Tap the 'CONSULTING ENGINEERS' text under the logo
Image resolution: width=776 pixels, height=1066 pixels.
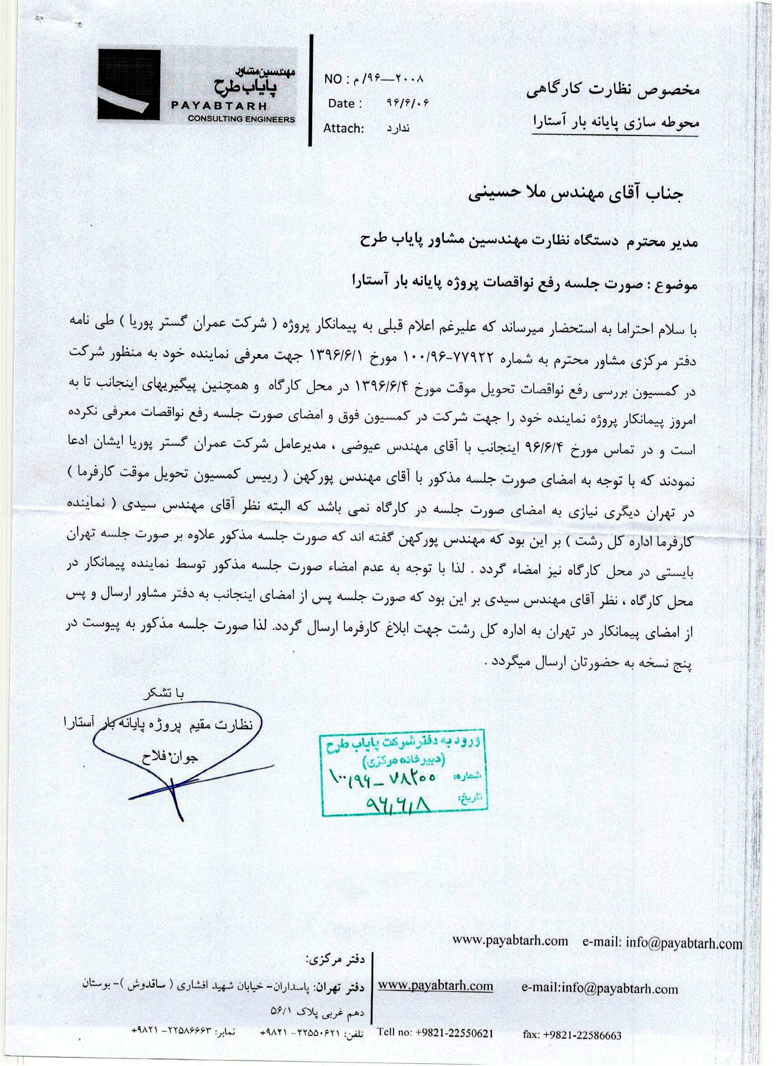[241, 119]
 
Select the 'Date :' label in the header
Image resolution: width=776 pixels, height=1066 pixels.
[345, 104]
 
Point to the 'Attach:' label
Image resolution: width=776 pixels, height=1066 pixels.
[344, 128]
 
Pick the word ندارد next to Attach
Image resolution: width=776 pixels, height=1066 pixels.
[398, 128]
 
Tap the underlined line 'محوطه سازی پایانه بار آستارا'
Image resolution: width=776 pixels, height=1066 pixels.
[616, 123]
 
